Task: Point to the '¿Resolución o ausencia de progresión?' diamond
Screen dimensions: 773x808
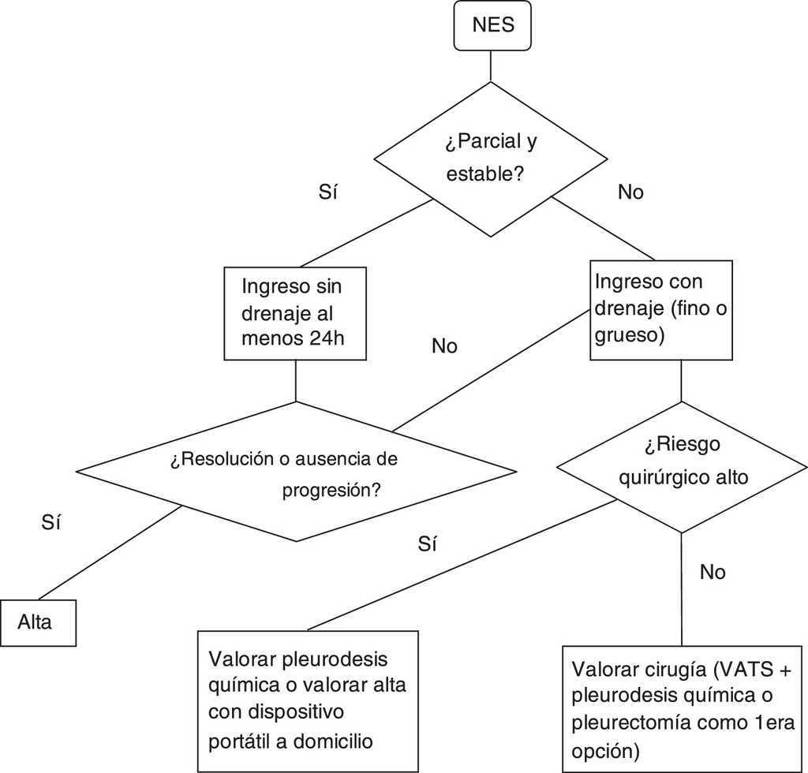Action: [x=296, y=472]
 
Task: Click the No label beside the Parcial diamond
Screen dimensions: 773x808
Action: [x=630, y=192]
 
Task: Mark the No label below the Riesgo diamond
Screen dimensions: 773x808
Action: [x=712, y=572]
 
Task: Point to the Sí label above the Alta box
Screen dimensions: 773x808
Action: [x=50, y=521]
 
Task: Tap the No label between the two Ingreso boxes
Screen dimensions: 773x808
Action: [x=444, y=346]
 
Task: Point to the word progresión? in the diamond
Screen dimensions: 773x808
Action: [x=331, y=490]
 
